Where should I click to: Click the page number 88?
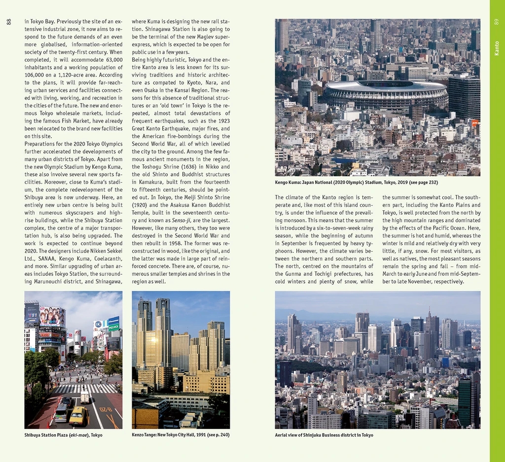pyautogui.click(x=8, y=22)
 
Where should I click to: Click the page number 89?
pyautogui.click(x=496, y=22)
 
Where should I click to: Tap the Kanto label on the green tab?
pyautogui.click(x=497, y=48)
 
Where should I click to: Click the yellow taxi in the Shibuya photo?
pyautogui.click(x=78, y=416)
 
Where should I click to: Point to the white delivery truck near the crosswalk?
pyautogui.click(x=85, y=396)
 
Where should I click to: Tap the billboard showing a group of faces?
pyautogui.click(x=52, y=316)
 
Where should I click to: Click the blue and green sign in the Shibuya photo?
pyautogui.click(x=113, y=324)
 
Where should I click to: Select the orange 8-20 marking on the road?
pyautogui.click(x=106, y=409)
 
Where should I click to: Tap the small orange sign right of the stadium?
pyautogui.click(x=475, y=122)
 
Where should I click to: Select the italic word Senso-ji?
pyautogui.click(x=181, y=220)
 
